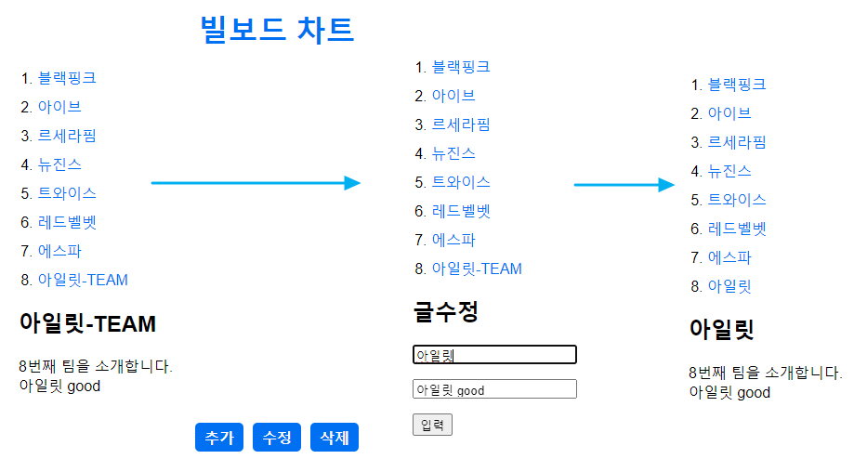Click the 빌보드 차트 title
[277, 30]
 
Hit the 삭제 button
[334, 438]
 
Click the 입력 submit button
[432, 425]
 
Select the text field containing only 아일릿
[494, 355]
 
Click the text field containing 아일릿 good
[494, 389]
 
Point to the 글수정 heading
[446, 311]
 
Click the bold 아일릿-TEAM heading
[87, 324]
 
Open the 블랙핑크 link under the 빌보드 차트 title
[67, 78]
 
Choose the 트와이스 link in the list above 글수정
[461, 182]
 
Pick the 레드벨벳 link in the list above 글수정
[461, 211]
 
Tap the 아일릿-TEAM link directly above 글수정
[477, 269]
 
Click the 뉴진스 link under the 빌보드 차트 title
[59, 164]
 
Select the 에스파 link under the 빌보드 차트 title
[59, 251]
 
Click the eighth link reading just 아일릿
[729, 286]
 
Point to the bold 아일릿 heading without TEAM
[721, 329]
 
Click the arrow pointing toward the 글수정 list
[256, 183]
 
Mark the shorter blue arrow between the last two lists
[624, 185]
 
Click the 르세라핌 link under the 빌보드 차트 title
[67, 136]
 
